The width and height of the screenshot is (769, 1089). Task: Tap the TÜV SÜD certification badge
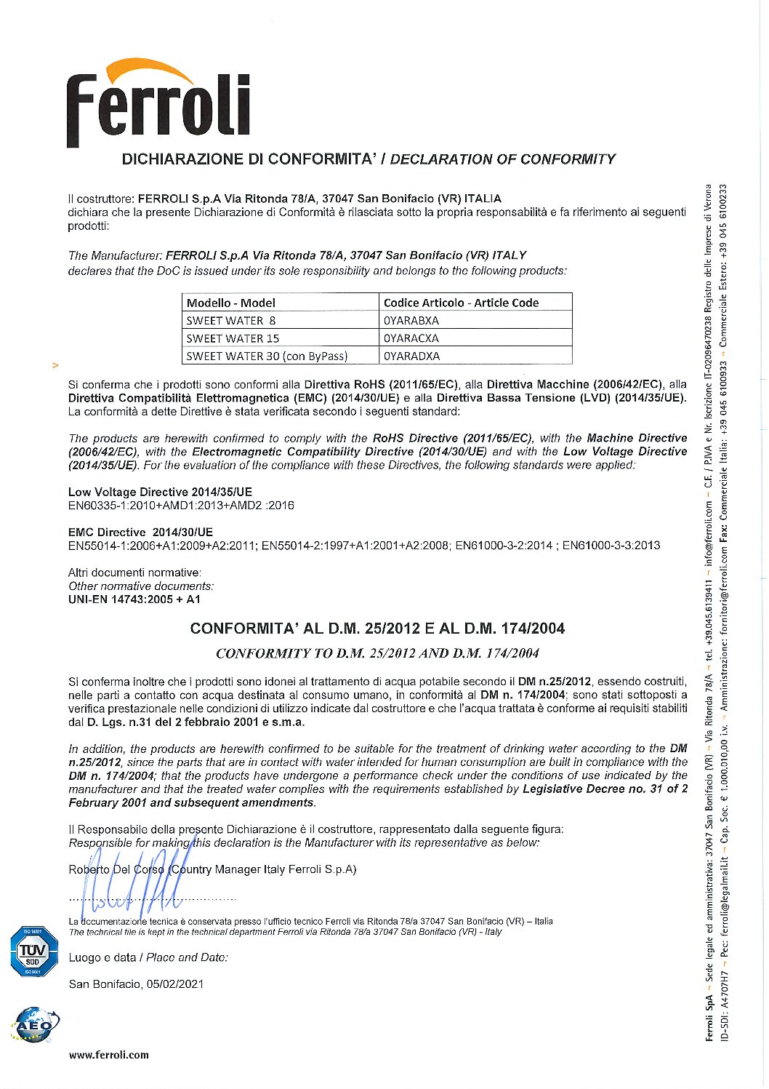pos(33,952)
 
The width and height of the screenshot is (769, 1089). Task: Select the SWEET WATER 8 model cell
pos(231,320)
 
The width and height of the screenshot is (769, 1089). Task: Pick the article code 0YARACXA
pos(411,338)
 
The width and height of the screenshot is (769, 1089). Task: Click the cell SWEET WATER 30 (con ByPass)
pos(267,356)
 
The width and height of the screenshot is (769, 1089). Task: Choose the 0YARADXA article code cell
pos(411,356)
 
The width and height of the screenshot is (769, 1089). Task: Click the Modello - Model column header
pos(231,303)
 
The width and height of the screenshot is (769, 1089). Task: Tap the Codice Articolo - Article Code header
pos(461,303)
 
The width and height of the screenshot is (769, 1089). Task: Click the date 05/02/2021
pos(175,984)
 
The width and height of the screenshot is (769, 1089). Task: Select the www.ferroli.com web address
pos(109,1055)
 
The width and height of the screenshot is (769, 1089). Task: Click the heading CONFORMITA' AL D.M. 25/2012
pos(377,629)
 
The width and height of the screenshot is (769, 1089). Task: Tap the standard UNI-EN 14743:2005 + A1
pos(134,599)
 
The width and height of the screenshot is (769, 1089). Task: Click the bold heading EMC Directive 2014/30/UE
pos(140,532)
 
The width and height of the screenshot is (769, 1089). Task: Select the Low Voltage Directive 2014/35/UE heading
pos(160,492)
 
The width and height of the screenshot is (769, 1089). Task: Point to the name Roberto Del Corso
pos(116,869)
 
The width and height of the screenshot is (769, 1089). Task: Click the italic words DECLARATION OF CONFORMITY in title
pos(502,159)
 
